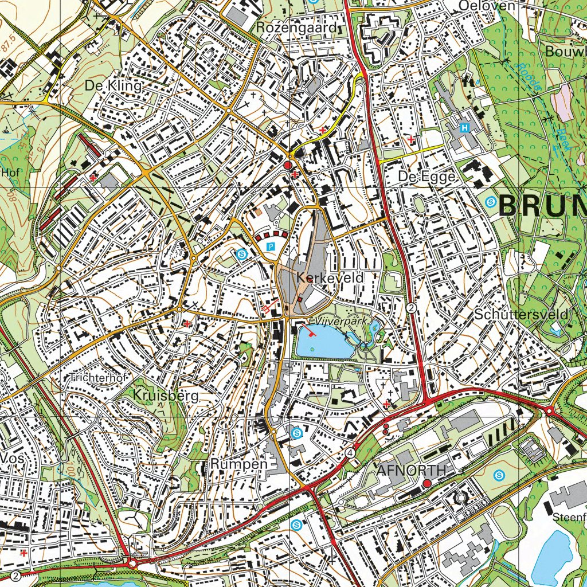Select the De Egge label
[x=427, y=177]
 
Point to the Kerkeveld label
[x=330, y=278]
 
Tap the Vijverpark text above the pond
[x=338, y=323]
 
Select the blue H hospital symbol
[x=465, y=127]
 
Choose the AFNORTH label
[x=411, y=471]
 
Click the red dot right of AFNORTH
[x=427, y=484]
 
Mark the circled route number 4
[x=350, y=452]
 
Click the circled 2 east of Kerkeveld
[x=412, y=308]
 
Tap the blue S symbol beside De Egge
[x=491, y=201]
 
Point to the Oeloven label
[x=487, y=6]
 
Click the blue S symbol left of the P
[x=242, y=255]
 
